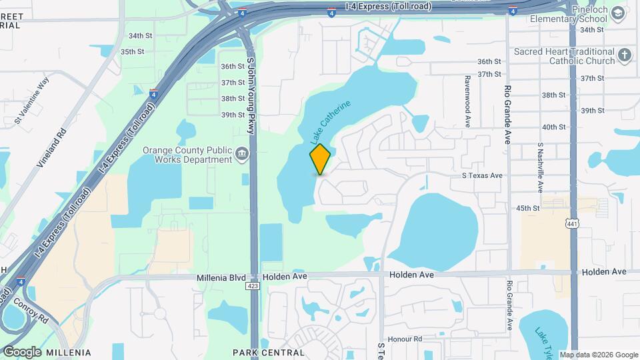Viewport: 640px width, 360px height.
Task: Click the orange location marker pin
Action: click(321, 159)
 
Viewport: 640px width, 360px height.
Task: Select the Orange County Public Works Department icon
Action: click(241, 155)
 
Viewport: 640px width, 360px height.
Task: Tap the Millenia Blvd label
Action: click(221, 277)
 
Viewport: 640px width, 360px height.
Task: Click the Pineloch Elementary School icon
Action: click(619, 13)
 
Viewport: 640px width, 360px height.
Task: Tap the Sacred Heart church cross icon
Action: click(625, 55)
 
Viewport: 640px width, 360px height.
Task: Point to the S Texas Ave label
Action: click(482, 175)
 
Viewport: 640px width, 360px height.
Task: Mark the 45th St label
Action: click(527, 208)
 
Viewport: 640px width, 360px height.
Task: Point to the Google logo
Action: click(21, 351)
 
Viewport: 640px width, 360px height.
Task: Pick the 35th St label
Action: click(132, 51)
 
